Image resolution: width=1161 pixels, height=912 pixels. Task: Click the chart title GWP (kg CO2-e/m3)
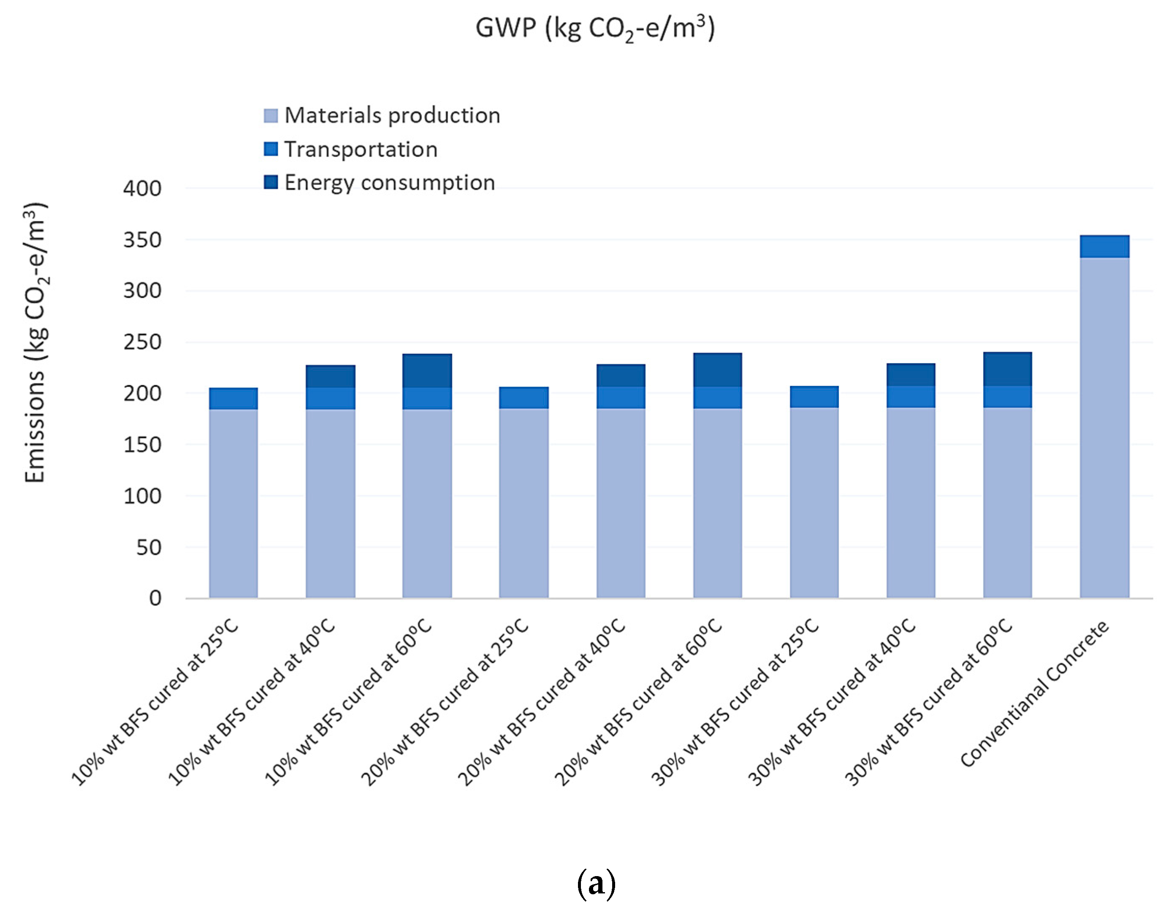pos(595,28)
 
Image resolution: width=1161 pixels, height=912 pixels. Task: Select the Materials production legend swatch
pos(271,115)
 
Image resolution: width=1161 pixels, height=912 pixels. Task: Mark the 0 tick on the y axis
pos(155,598)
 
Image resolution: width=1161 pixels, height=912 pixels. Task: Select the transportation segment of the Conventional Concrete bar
pos(1104,246)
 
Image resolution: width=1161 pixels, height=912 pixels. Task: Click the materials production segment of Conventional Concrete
pos(1104,427)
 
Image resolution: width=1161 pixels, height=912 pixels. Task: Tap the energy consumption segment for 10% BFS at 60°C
pos(426,371)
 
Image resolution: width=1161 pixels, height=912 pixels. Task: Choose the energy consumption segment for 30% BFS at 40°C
pos(910,375)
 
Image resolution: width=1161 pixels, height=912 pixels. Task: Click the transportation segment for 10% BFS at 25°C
pos(233,398)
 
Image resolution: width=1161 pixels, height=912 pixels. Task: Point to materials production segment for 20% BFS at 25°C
pos(523,502)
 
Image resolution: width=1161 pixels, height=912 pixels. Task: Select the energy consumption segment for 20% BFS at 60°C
pos(717,370)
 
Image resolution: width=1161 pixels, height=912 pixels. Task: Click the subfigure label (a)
pos(596,884)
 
